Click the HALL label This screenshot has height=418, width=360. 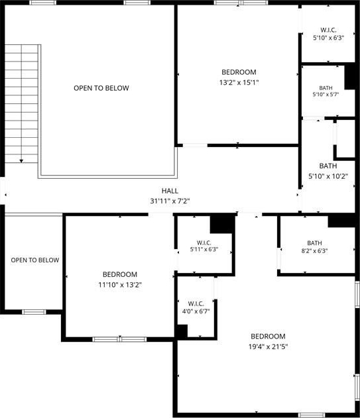[x=170, y=191]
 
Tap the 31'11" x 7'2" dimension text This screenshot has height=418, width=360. [x=170, y=201]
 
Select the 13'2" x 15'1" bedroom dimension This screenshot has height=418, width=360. [x=239, y=82]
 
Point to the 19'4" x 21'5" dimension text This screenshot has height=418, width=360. [x=268, y=346]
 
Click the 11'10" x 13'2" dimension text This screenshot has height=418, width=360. [x=120, y=285]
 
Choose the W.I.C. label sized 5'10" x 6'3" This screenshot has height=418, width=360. [x=328, y=30]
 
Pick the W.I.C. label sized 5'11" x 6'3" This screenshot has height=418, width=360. [x=204, y=243]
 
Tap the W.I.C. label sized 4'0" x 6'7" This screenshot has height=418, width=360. [x=196, y=303]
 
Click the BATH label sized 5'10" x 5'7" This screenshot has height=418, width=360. [x=326, y=87]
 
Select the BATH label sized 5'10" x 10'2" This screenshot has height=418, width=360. [x=328, y=166]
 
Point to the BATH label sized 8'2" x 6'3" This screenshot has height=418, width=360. [x=314, y=243]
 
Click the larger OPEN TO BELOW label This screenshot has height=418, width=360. [x=101, y=88]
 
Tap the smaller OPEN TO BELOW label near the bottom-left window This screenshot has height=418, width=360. [x=35, y=260]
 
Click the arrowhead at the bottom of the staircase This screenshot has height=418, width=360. [x=21, y=161]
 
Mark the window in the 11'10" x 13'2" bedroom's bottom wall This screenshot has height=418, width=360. [x=119, y=339]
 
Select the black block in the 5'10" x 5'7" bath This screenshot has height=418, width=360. [x=350, y=76]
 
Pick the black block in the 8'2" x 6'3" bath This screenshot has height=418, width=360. [x=341, y=221]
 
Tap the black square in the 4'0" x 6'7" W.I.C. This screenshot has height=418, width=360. [x=182, y=331]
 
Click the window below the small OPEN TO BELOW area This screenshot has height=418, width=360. [x=34, y=312]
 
